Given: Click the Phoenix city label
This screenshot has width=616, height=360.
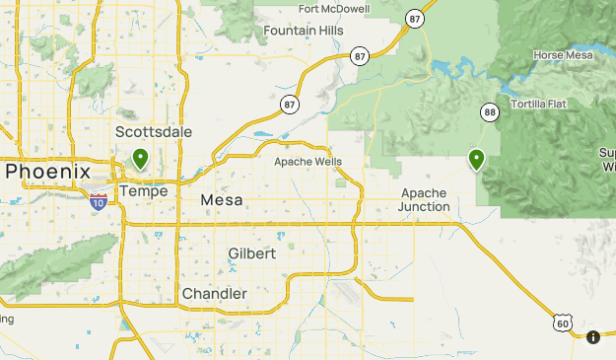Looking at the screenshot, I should pyautogui.click(x=48, y=172).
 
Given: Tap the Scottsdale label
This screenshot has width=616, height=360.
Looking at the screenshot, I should pyautogui.click(x=154, y=132).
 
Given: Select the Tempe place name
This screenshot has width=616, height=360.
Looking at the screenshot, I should pyautogui.click(x=143, y=190).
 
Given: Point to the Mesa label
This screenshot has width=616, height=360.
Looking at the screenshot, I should pyautogui.click(x=221, y=200).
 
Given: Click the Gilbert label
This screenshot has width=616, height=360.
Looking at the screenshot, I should pyautogui.click(x=251, y=253).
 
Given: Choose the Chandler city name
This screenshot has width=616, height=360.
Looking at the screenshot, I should pyautogui.click(x=215, y=294).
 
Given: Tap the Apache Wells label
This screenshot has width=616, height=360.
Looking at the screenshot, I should pyautogui.click(x=307, y=161).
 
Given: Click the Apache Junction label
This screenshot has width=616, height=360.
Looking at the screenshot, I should pyautogui.click(x=424, y=200).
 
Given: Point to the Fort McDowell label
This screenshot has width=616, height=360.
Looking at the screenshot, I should pyautogui.click(x=334, y=9).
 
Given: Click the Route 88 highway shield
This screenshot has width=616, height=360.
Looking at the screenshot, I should pyautogui.click(x=489, y=113).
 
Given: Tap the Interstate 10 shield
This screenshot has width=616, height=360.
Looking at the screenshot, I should pyautogui.click(x=99, y=201).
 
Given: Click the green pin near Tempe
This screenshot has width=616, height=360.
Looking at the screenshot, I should pyautogui.click(x=141, y=158).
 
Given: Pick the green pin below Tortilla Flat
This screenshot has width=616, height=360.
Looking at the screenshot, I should pyautogui.click(x=477, y=158).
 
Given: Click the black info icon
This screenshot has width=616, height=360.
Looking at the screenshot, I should pyautogui.click(x=593, y=337).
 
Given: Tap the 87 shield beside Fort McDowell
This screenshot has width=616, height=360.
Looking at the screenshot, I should pyautogui.click(x=415, y=18).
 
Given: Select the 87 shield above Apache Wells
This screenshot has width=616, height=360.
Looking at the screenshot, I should pyautogui.click(x=289, y=104).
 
